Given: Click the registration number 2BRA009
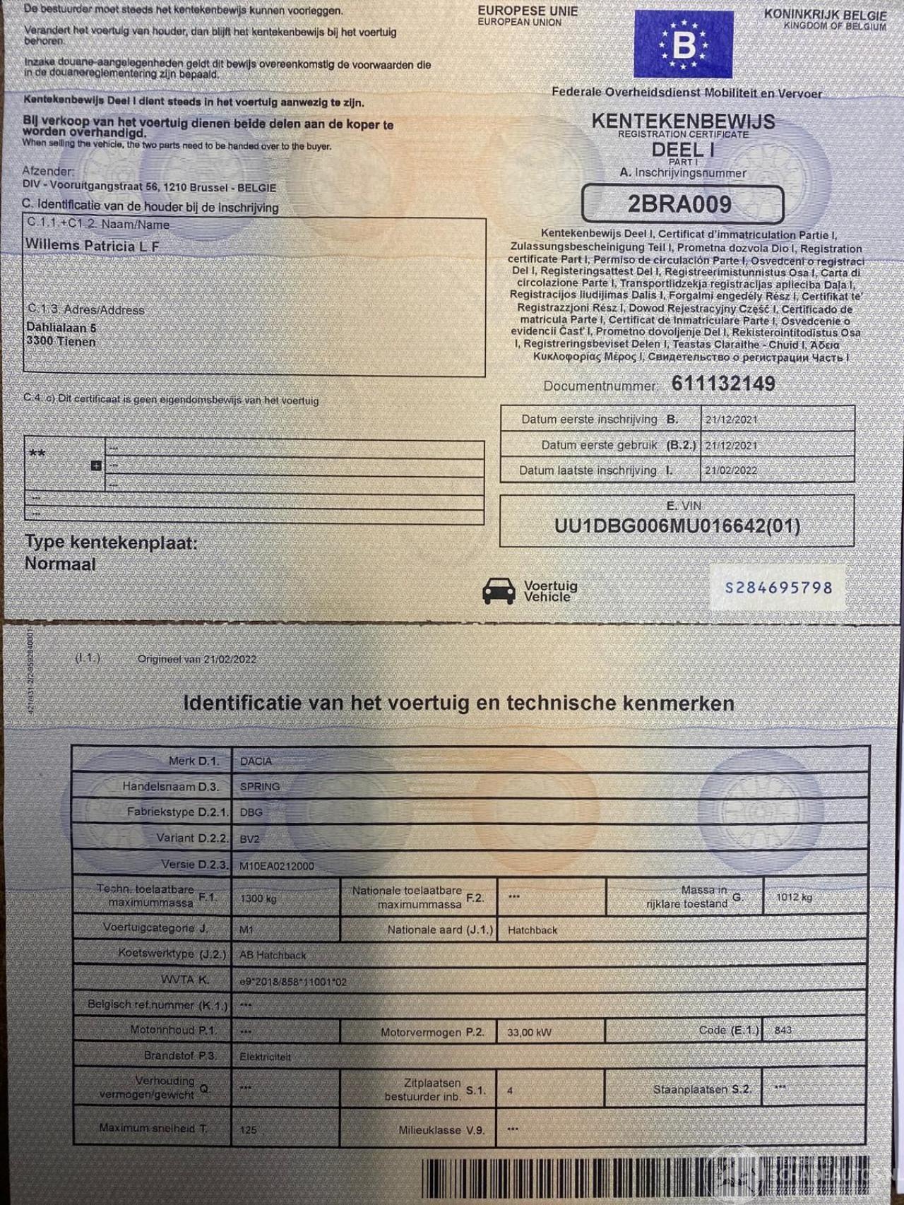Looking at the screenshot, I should [x=679, y=204].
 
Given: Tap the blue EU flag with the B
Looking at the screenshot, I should [x=683, y=44].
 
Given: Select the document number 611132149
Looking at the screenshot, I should [x=723, y=384].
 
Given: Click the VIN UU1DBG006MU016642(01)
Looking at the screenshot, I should [x=677, y=526].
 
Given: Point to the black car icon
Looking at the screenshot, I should [x=499, y=590].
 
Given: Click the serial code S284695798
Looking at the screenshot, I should [x=778, y=588].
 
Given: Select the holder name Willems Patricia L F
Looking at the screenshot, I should [x=93, y=246].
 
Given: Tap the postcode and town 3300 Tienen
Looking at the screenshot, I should [x=61, y=341].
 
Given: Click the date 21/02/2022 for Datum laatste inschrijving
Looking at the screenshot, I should [x=731, y=470].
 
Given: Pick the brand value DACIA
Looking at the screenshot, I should [x=256, y=761].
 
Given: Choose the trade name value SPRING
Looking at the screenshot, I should [x=260, y=786].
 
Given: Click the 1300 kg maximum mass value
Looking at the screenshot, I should [x=258, y=898].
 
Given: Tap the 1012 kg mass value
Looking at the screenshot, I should [x=794, y=897].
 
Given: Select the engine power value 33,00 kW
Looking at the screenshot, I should [x=529, y=1032].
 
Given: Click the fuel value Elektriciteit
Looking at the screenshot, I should [x=265, y=1057].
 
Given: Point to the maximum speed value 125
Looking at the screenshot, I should [x=248, y=1129].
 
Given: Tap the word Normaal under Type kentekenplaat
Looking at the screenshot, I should [x=60, y=564].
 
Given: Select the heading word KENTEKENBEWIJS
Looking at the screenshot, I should [x=683, y=121].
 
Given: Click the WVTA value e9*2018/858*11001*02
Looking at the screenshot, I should [x=292, y=981].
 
